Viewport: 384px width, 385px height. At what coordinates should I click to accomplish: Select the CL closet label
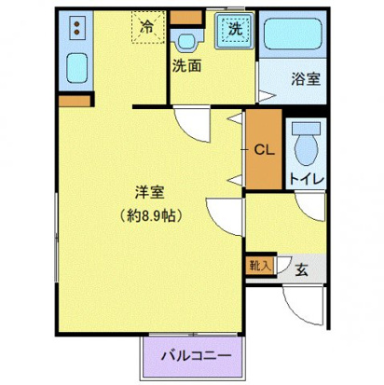click(x=265, y=149)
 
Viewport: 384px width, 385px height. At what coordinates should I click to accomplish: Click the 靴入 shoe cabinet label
click(x=258, y=266)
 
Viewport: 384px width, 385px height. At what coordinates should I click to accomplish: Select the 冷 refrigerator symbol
click(x=147, y=27)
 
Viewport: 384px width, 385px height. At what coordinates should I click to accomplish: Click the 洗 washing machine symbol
click(x=235, y=29)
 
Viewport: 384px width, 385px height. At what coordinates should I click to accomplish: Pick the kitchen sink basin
click(x=75, y=68)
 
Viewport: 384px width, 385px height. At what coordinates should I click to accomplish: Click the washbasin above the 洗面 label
click(x=187, y=38)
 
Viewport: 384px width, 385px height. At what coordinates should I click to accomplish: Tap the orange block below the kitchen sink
click(x=75, y=98)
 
